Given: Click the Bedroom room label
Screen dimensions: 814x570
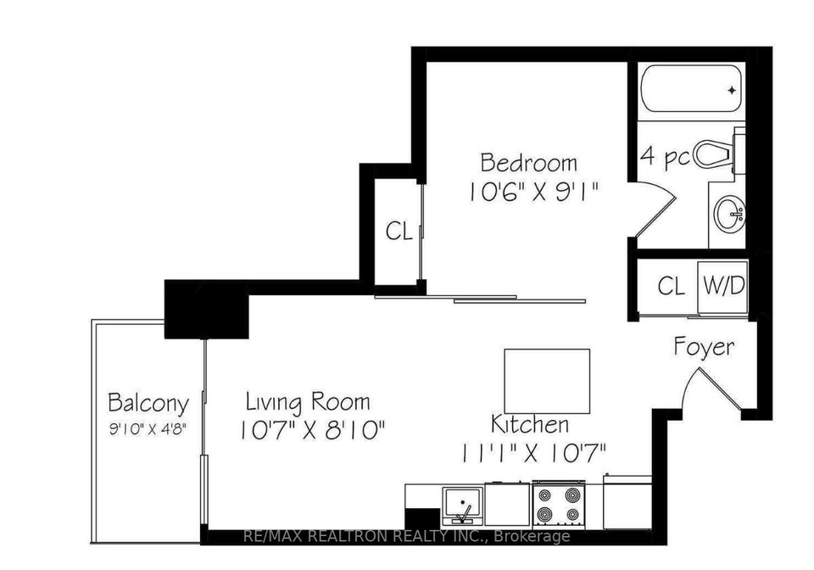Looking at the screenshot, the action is point(528,163).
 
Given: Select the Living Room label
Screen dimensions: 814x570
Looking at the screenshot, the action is point(308,402).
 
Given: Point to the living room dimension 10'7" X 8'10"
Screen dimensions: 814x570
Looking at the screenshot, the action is point(313,430).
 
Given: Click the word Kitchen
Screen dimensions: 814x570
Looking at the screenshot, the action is point(530,424).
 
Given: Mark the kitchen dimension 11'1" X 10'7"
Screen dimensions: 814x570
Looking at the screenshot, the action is point(533,453).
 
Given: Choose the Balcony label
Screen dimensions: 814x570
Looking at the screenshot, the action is point(148,404).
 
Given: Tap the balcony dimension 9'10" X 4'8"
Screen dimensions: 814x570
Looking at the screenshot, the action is point(148,429).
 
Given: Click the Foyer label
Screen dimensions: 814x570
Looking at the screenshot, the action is point(705,347).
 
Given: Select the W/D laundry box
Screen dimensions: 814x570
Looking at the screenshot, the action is point(723,287).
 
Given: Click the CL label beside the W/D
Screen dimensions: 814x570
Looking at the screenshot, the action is point(672,286).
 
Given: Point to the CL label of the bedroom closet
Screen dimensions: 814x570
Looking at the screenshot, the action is point(399,231).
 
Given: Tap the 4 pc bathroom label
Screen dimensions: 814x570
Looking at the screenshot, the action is point(666,156).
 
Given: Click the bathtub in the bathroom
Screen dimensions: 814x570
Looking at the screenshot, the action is point(691,89).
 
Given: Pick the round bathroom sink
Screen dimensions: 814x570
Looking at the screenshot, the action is point(729,213).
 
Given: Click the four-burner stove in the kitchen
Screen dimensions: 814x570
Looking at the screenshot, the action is point(559,504).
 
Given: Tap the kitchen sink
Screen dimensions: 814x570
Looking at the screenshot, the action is point(463,506).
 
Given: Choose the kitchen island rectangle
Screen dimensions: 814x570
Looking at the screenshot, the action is point(547,381).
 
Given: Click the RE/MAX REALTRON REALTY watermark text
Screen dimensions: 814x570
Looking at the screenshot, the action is point(406,536).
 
